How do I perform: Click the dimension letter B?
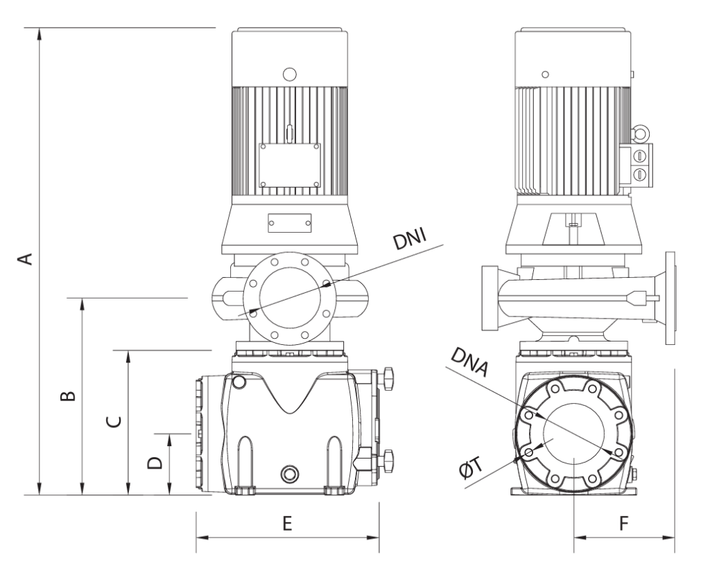pos(67,396)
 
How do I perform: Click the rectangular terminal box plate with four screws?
pos(290,165)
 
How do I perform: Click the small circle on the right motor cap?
pos(545,73)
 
